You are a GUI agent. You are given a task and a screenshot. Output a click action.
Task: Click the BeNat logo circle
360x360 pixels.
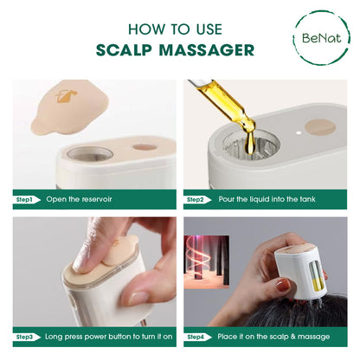pyautogui.click(x=321, y=38)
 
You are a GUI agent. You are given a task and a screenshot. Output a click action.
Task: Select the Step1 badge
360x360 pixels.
pyautogui.click(x=25, y=199)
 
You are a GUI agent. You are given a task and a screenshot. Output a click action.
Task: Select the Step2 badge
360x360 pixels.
pyautogui.click(x=196, y=199)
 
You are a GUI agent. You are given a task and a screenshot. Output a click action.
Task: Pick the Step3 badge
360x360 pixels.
pyautogui.click(x=25, y=336)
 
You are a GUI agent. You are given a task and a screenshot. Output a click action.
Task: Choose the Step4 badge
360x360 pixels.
pyautogui.click(x=196, y=336)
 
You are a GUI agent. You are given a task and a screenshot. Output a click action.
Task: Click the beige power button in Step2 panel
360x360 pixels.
pyautogui.click(x=319, y=127)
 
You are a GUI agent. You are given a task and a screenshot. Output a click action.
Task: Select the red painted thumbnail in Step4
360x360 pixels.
pyautogui.click(x=283, y=284)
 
